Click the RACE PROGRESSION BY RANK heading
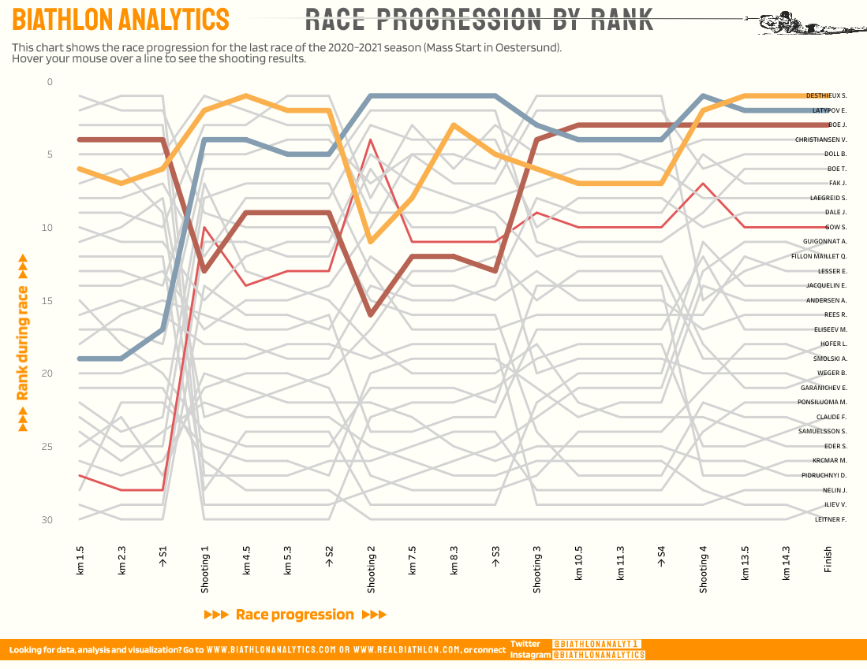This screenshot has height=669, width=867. coord(479,19)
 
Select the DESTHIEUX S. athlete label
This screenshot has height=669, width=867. coord(825,95)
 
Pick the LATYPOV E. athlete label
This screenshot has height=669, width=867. coord(829,110)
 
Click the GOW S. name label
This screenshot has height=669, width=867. coord(835,227)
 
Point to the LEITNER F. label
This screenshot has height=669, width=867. coord(831,519)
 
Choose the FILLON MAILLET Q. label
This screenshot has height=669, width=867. coord(819,256)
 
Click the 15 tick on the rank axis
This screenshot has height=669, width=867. coord(49,301)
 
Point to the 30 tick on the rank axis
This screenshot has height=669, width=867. coord(49,520)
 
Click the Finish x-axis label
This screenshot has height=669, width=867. coord(828,561)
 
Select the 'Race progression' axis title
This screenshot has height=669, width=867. coord(295,615)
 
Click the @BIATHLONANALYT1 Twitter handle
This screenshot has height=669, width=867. coord(596,644)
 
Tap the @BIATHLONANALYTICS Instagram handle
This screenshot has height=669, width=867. coord(598,655)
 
